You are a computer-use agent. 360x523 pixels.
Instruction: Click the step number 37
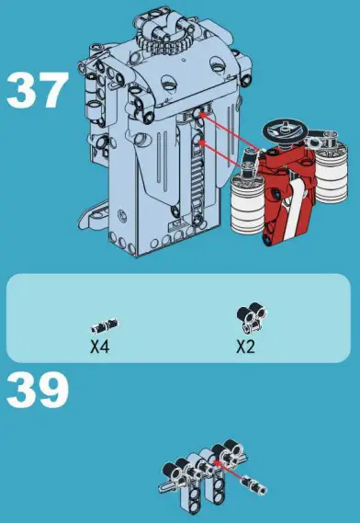[x=37, y=92]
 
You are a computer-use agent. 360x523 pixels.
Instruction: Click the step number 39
[x=37, y=391]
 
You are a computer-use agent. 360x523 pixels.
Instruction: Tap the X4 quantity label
[x=100, y=348]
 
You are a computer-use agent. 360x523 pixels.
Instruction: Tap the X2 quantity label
[x=245, y=347]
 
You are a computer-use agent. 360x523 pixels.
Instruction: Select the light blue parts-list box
[x=179, y=318]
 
